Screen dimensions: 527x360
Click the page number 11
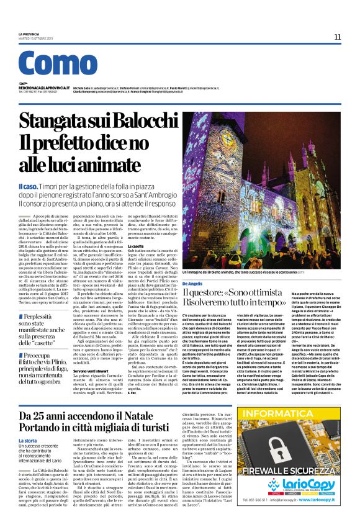tap(337, 37)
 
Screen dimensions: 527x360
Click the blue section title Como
tap(58, 65)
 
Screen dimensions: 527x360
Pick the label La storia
tap(28, 440)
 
